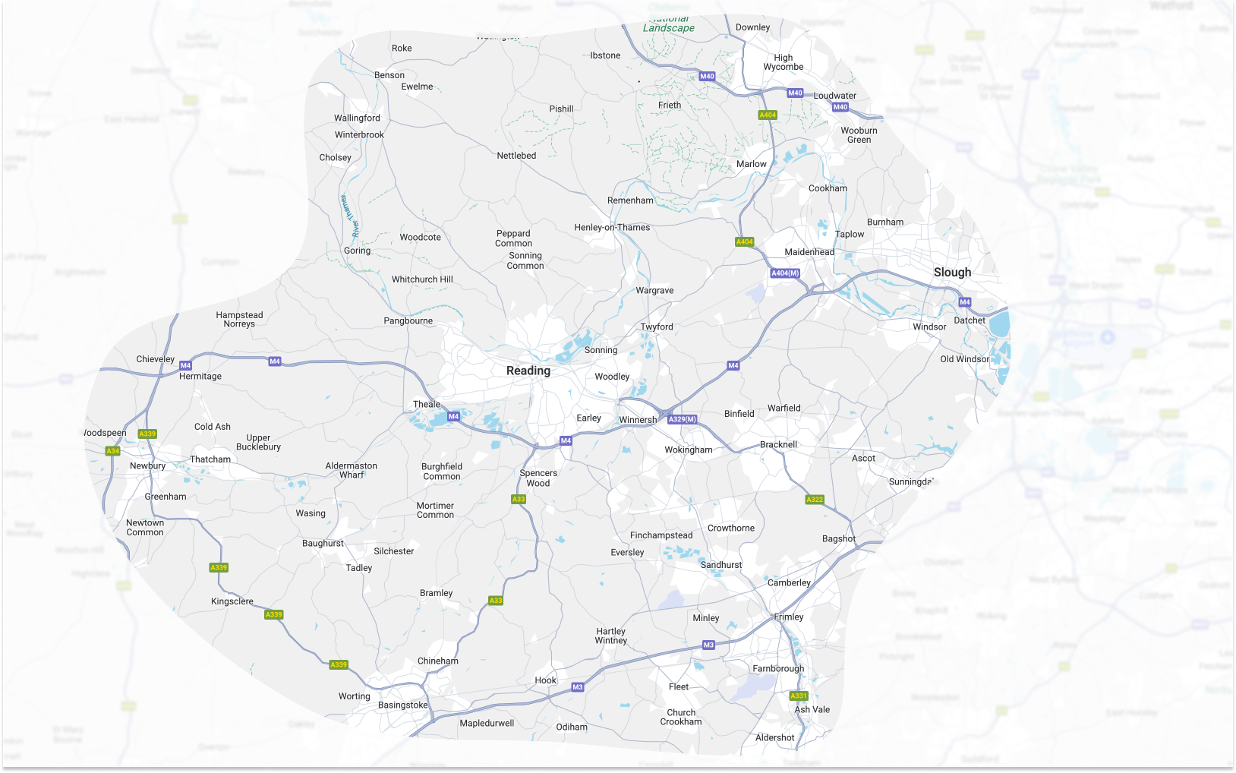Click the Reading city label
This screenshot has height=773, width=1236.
click(x=528, y=371)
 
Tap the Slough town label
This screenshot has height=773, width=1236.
click(x=952, y=273)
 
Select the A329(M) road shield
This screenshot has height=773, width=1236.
click(x=682, y=419)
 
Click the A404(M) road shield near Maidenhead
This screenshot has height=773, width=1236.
click(x=785, y=273)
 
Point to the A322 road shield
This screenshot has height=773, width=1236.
click(x=815, y=500)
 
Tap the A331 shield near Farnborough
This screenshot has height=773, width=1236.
click(x=799, y=696)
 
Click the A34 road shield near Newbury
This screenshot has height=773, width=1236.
click(x=112, y=451)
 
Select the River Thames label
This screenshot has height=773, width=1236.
click(x=349, y=216)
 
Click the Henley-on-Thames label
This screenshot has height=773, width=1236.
click(x=612, y=228)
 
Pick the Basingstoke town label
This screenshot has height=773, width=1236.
click(x=403, y=705)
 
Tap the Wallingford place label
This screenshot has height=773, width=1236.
click(x=357, y=118)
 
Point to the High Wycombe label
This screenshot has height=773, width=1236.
click(x=784, y=62)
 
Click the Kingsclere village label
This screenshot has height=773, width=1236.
click(x=232, y=601)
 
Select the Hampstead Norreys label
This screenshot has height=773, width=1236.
click(x=239, y=320)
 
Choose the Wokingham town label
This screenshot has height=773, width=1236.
click(x=689, y=450)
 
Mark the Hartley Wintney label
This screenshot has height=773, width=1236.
click(x=611, y=636)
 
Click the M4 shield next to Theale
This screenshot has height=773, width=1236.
click(x=453, y=416)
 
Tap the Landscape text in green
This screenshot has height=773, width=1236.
click(x=668, y=28)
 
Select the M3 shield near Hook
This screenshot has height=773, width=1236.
click(x=578, y=687)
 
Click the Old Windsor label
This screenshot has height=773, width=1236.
click(x=964, y=359)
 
